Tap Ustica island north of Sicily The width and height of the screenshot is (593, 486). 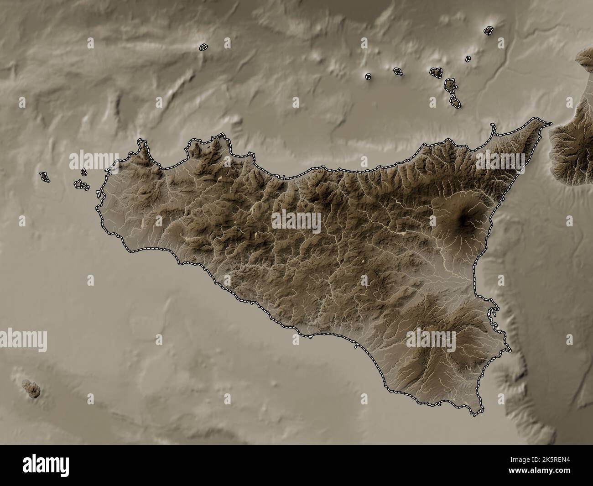click(x=203, y=47)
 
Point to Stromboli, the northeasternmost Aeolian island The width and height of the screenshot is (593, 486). click(x=489, y=31)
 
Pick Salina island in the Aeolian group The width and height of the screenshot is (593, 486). click(x=436, y=72)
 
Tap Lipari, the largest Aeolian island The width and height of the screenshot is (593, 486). click(x=450, y=86)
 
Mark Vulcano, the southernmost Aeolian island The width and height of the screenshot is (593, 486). click(x=455, y=102)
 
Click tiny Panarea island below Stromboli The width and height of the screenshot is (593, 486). click(x=468, y=58)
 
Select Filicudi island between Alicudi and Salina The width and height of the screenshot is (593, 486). click(x=398, y=71)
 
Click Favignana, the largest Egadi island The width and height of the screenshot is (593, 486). click(x=81, y=185)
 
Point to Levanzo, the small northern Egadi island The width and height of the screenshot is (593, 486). click(x=84, y=172)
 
